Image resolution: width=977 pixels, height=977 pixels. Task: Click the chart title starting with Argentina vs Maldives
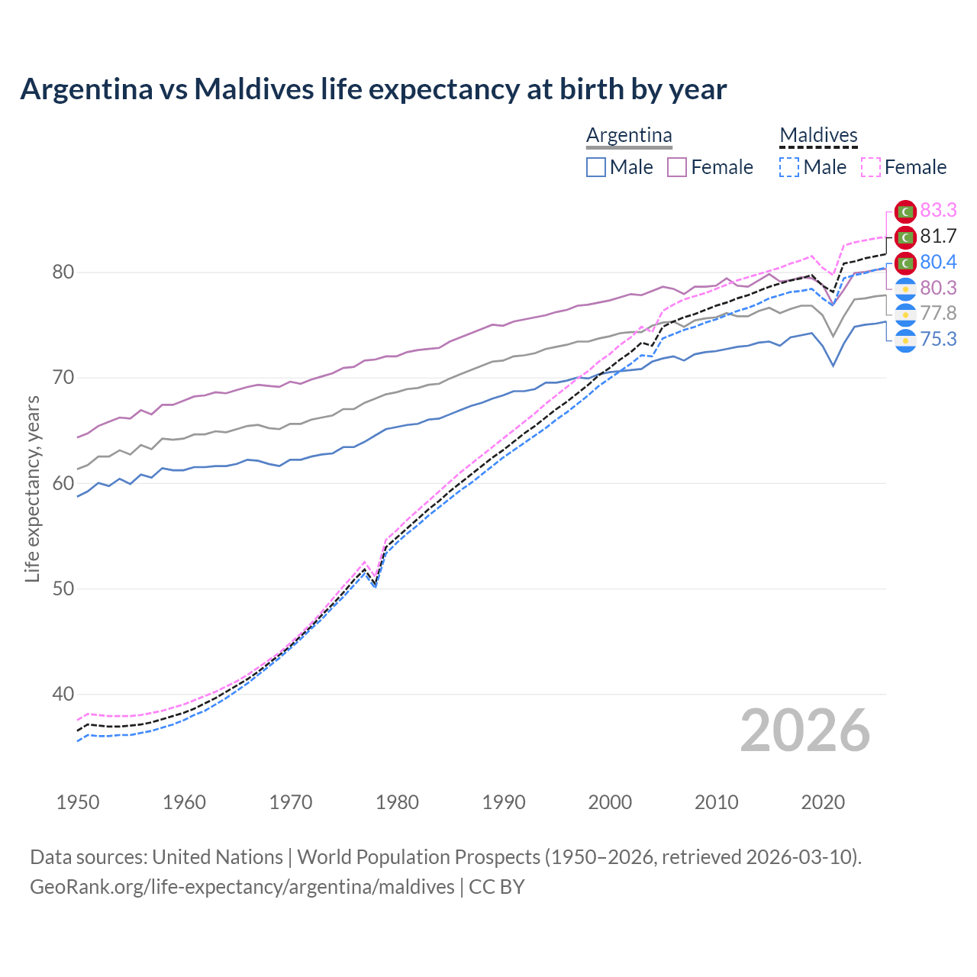pos(373,89)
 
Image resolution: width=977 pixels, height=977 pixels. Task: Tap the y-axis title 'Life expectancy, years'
pos(32,488)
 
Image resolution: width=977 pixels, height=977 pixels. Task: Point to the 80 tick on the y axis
pos(63,272)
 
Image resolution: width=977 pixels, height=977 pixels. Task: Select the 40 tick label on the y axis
pos(63,695)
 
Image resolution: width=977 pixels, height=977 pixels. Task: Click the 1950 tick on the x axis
pos(78,802)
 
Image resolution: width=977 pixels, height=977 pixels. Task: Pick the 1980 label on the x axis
pos(397,802)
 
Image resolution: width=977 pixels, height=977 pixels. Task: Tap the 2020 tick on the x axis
pos(823,802)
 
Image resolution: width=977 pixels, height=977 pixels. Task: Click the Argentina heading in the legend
pos(629,135)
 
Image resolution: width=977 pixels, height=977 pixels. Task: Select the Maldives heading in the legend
pos(818,135)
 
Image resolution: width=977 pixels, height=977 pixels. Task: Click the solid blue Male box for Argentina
pos(596,167)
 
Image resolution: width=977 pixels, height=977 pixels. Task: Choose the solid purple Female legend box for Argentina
pos(677,167)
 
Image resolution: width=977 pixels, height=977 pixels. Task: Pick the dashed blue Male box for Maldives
pos(789,167)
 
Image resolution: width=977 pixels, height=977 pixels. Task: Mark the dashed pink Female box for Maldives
pos(871,167)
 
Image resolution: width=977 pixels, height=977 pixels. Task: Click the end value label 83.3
pos(938,210)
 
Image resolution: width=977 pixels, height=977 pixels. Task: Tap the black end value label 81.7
pos(938,236)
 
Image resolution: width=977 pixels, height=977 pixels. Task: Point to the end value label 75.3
pos(938,339)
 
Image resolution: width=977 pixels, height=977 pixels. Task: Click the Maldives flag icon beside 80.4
pos(905,263)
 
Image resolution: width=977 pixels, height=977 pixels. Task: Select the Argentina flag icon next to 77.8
pos(905,314)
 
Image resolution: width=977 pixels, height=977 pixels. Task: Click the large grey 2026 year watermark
pos(804,730)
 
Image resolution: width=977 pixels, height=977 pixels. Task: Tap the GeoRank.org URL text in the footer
pos(242,887)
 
